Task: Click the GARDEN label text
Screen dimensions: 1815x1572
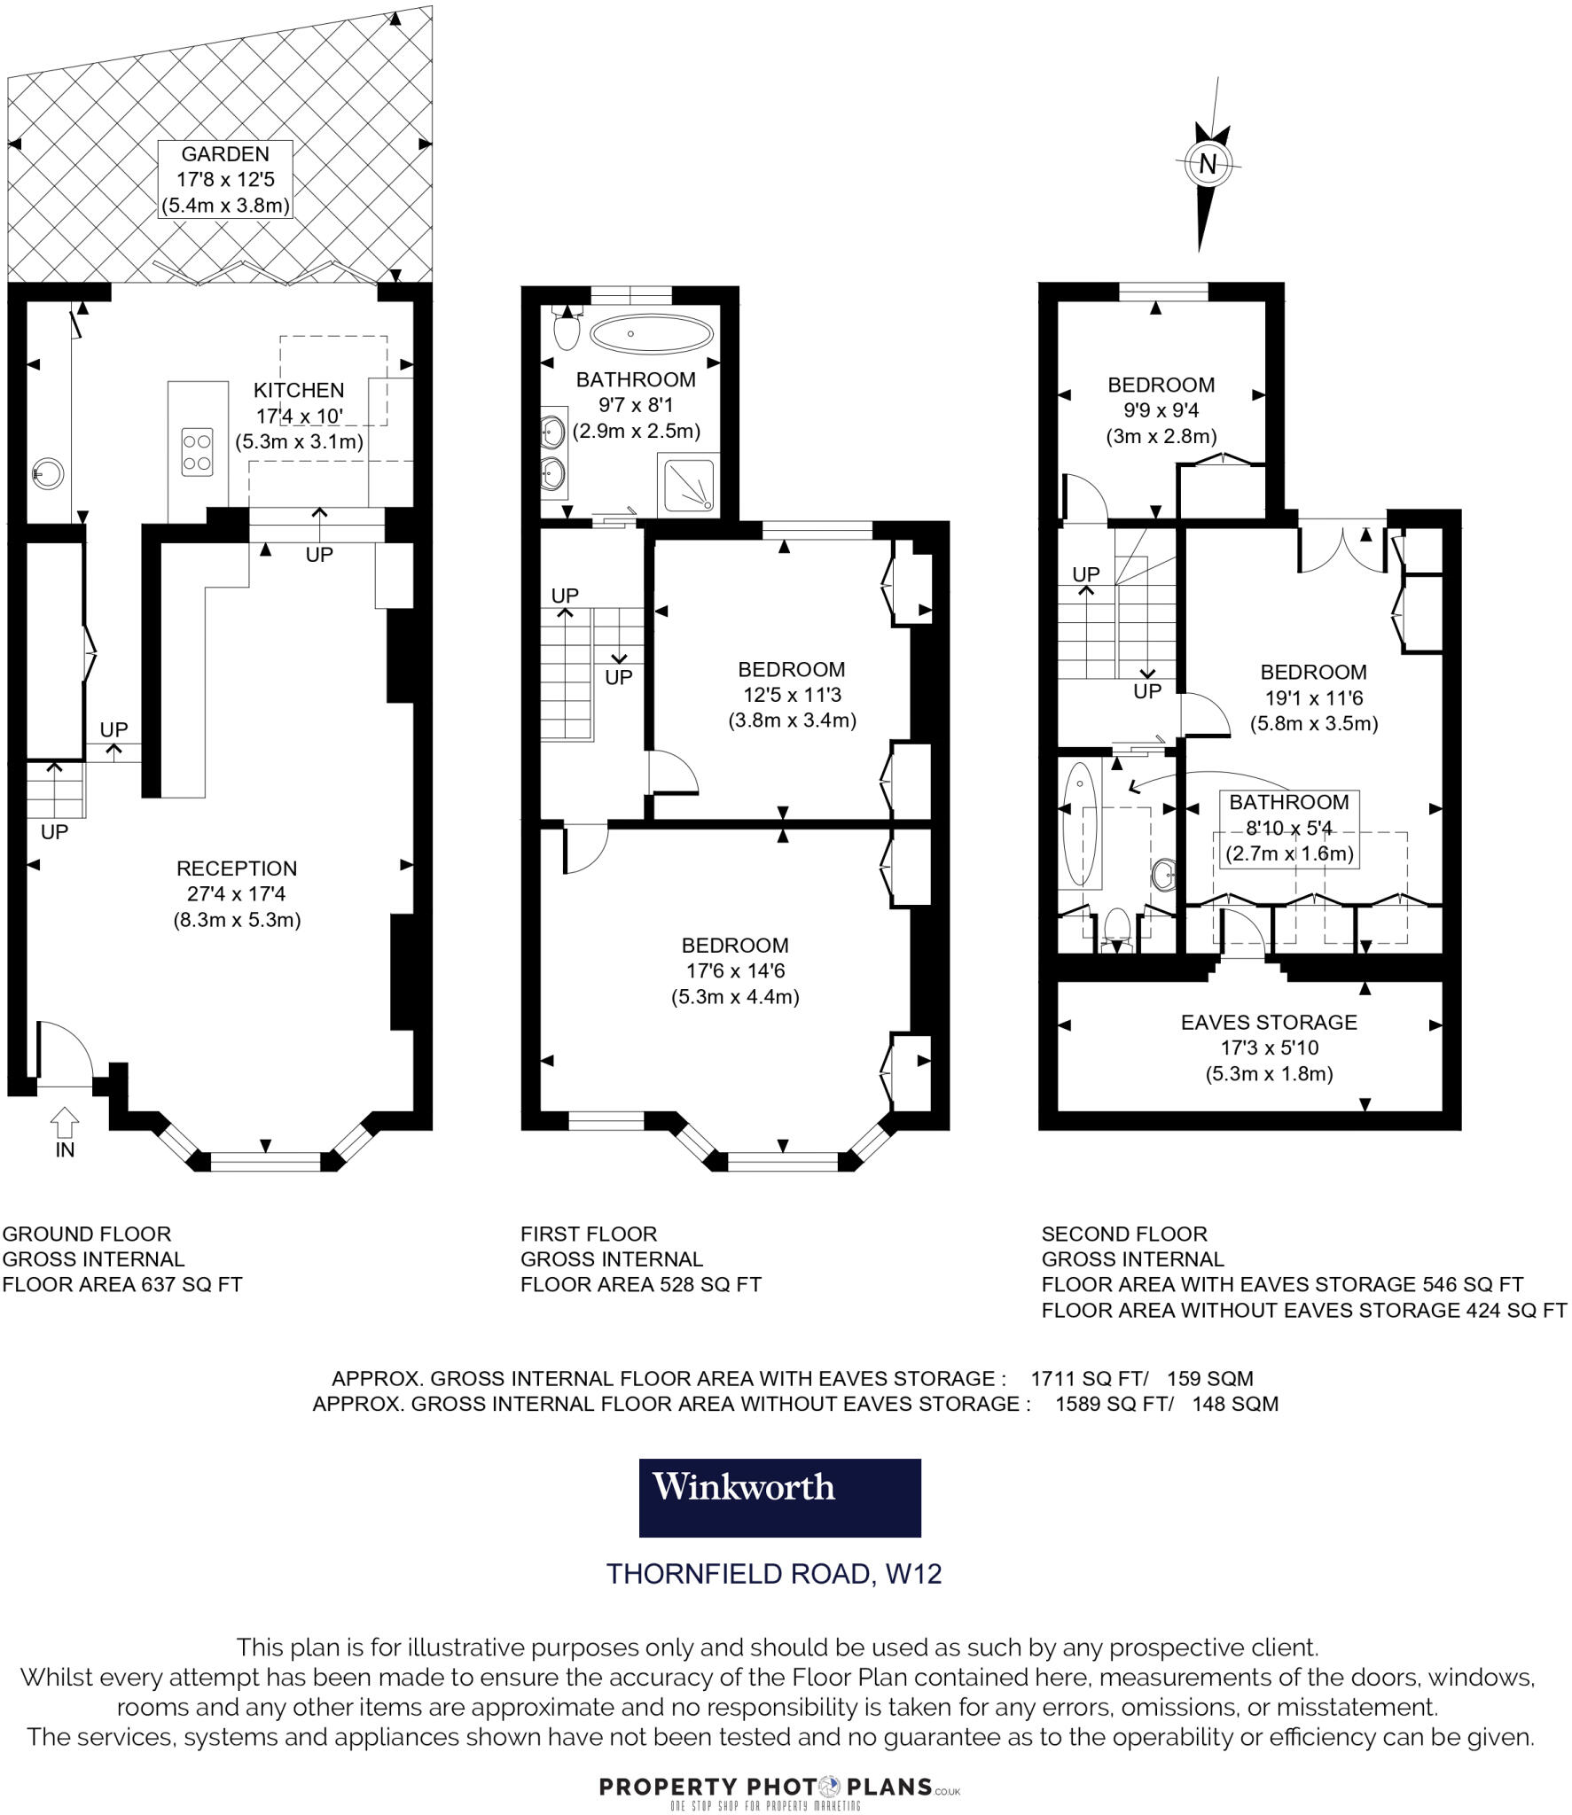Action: coord(225,154)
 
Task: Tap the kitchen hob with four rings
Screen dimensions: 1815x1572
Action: coord(197,451)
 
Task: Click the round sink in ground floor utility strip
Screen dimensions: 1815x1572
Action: coord(47,472)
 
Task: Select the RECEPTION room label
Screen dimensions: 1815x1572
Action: coord(237,869)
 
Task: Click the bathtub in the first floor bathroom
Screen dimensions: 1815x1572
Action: coord(651,334)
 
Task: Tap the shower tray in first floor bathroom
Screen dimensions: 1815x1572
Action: coord(687,485)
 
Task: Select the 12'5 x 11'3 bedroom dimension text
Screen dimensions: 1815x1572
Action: coord(792,695)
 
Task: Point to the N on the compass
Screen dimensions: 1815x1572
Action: coord(1208,163)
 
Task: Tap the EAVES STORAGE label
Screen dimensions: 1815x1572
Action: coord(1269,1022)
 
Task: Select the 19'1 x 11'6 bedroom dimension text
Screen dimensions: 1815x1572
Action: coord(1314,697)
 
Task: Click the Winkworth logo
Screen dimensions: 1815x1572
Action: coord(779,1498)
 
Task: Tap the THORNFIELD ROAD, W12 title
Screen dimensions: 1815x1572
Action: coord(773,1574)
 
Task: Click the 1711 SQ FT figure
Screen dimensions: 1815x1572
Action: coord(1089,1378)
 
